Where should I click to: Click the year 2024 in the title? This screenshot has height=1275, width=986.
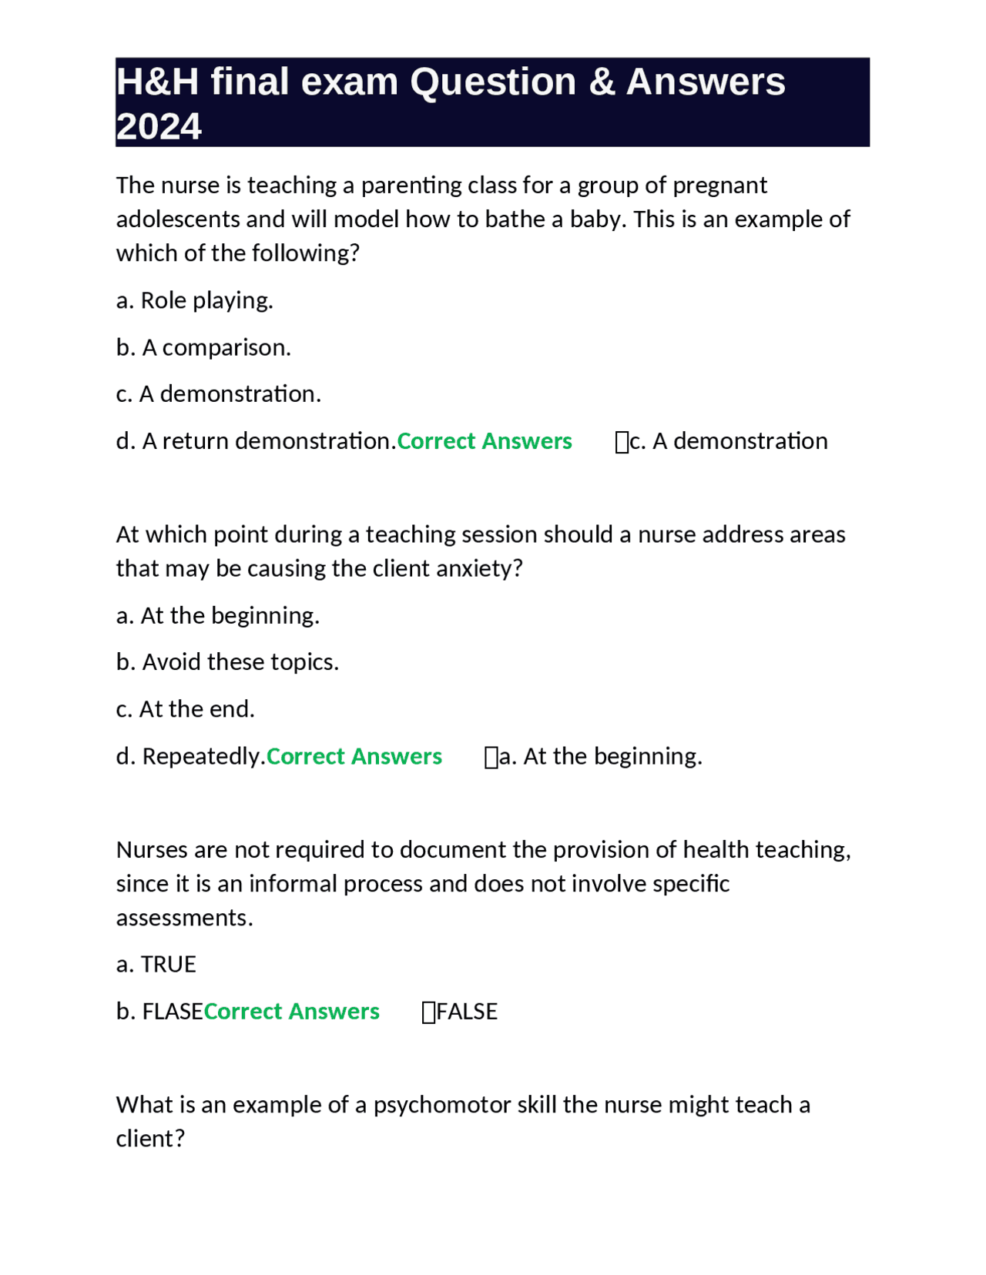159,126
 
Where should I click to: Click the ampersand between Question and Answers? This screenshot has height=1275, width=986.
601,82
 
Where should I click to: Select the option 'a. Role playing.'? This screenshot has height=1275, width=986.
194,300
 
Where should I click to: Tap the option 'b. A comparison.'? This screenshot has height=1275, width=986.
203,347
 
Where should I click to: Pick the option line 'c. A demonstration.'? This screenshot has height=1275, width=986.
218,394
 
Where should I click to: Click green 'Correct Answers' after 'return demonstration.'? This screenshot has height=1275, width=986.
484,441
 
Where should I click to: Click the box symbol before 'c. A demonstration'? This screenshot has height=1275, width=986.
622,442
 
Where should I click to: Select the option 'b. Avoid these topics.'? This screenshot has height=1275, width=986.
227,662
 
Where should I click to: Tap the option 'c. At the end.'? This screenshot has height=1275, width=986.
185,709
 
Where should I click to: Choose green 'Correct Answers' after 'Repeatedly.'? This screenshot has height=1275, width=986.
354,756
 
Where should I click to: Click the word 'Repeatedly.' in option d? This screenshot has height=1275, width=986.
203,756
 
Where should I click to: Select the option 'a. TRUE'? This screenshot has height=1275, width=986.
156,964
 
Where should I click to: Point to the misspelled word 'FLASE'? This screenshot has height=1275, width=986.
173,1011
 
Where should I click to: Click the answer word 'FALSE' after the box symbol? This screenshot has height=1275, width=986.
467,1011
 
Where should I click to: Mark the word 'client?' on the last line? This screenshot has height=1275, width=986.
150,1139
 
